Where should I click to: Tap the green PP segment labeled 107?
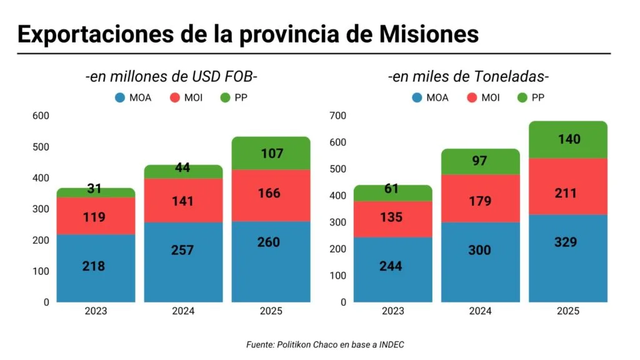point(271,153)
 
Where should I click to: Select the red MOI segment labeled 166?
point(271,194)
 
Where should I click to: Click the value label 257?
point(183,250)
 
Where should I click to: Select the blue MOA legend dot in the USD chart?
point(120,97)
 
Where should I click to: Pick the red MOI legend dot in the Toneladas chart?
point(472,97)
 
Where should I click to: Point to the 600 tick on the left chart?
point(41,116)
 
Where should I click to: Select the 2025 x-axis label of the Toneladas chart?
point(568,311)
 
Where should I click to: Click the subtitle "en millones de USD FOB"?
point(171,77)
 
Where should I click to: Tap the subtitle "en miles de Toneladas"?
point(468,77)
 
